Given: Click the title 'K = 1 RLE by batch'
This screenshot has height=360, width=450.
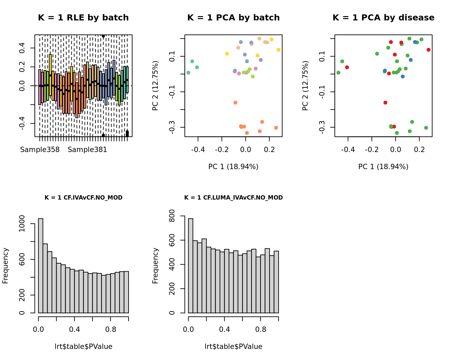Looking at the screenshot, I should click(83, 18).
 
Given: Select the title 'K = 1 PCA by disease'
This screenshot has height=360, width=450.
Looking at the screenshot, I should click(383, 18).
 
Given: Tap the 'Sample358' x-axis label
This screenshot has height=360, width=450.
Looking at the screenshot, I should click(40, 150).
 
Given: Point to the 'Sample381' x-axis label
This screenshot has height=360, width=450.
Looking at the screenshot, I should click(87, 150).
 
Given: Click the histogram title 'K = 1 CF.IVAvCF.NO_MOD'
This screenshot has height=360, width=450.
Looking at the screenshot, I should click(83, 198).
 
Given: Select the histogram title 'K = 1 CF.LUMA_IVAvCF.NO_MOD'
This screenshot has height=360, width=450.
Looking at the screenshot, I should click(233, 198).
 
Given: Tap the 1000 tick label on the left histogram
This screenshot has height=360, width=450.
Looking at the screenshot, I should click(22, 223).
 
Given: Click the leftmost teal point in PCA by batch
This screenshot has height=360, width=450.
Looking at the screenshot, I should click(189, 73).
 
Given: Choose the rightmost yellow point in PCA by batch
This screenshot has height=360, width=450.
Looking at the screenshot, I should click(279, 50).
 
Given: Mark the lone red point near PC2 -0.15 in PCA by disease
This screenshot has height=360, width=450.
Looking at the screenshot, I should click(385, 102).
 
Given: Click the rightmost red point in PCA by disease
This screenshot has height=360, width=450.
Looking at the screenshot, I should click(429, 50).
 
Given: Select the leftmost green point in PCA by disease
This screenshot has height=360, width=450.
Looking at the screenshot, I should click(339, 73).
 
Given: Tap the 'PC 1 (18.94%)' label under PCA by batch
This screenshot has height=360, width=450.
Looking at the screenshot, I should click(233, 167).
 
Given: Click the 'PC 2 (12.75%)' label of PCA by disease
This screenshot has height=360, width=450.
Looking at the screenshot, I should click(305, 85).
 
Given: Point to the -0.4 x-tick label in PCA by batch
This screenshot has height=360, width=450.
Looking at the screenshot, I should click(198, 150).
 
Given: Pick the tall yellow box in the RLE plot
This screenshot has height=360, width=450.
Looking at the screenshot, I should click(50, 75).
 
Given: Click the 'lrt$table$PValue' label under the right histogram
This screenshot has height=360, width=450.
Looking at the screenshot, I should click(233, 347).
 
